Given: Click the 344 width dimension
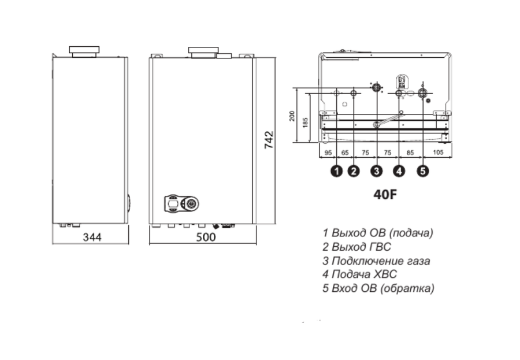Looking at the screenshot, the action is pos(92,237).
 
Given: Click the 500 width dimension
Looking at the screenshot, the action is pos(206,237).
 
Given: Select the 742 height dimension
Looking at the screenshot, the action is pos(269,140).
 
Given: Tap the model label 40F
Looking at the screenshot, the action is pos(385,194).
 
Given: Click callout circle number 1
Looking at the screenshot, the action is pos(337,171).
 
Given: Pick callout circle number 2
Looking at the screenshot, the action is pos(354,171).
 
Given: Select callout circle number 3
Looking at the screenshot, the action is pos(376,171).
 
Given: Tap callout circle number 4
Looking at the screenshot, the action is pos(399,171).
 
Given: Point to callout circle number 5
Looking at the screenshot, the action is pos(422,171).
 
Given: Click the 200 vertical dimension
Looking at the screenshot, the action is pos(292,116).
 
